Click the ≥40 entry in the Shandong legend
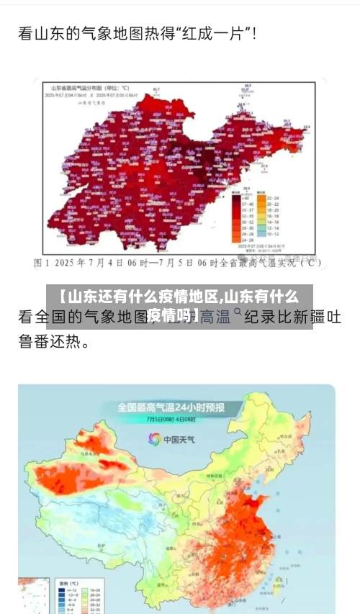245,198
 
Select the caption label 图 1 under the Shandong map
43,263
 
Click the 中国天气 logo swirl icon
154,438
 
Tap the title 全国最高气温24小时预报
171,407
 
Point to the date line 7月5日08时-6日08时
171,419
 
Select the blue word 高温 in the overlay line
215,316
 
